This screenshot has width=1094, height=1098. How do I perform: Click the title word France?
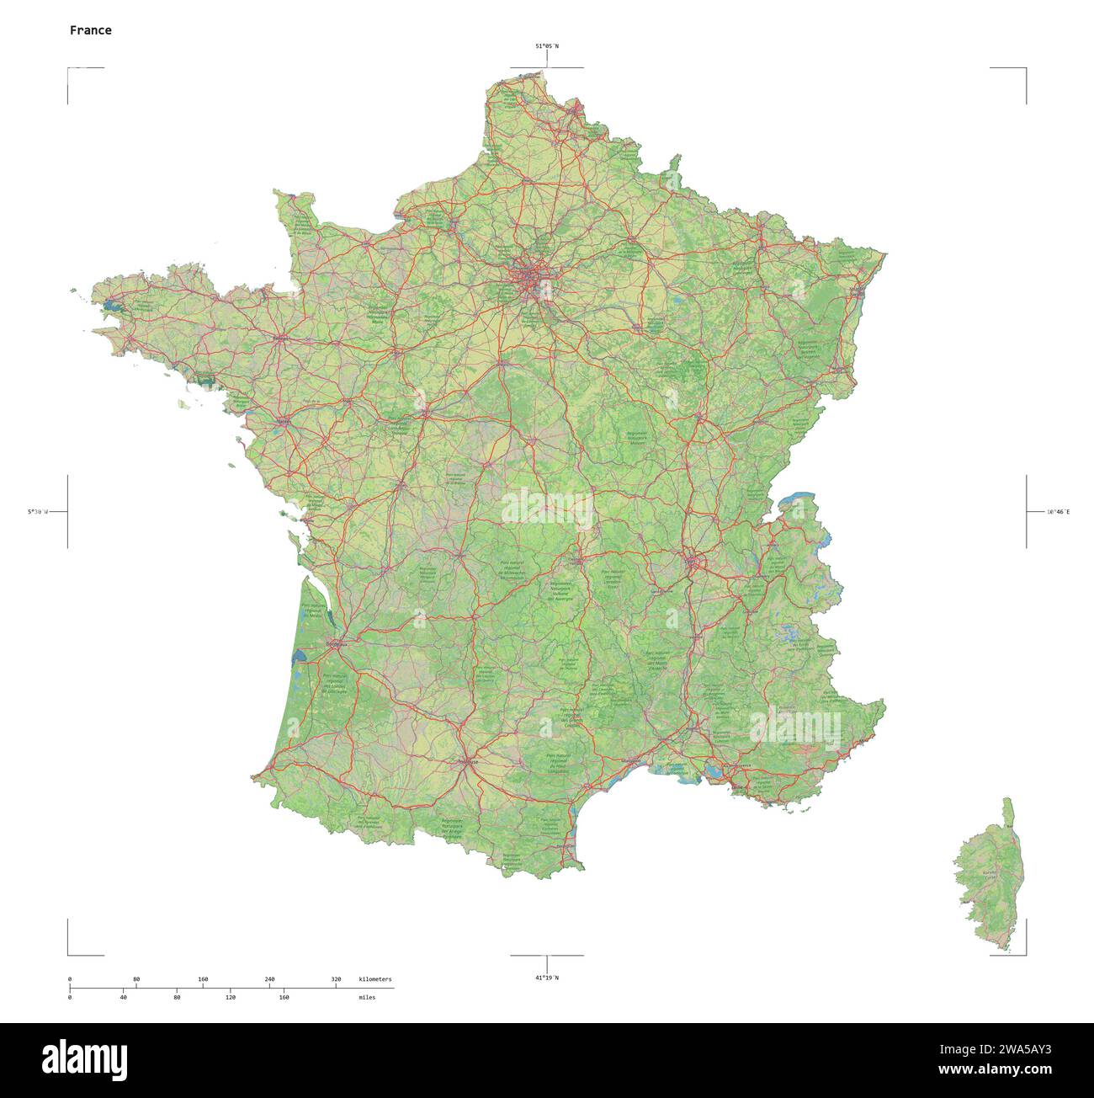90,30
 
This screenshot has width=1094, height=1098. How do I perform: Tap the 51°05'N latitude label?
547,47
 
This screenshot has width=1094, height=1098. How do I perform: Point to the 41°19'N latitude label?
547,978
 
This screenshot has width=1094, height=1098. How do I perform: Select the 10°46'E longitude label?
1058,511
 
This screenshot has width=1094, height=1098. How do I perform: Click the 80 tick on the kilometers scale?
136,979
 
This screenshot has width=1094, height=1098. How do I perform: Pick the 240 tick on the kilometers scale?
269,979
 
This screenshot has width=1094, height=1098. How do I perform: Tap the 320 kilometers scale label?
336,979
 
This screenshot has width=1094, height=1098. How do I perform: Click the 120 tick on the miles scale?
230,997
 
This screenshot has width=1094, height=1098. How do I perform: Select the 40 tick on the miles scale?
124,997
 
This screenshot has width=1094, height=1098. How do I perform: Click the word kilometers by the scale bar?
374,979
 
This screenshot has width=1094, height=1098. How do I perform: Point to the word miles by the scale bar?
367,997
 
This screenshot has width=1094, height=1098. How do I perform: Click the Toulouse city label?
467,762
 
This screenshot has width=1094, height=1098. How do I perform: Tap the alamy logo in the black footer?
84,1058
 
